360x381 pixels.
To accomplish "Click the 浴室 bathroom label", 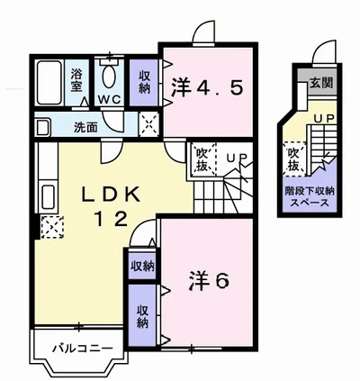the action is [76, 80].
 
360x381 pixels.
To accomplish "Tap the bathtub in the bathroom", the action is [49, 82].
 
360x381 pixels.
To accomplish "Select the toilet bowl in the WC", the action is [109, 77].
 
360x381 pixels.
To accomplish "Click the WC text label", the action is [109, 99].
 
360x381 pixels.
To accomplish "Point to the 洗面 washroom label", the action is [85, 128].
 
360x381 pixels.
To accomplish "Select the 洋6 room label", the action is [209, 281].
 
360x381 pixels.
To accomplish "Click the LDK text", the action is [112, 195].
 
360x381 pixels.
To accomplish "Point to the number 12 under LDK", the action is [111, 219].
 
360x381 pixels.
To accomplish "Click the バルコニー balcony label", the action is [83, 349].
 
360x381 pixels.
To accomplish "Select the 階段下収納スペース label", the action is [310, 197].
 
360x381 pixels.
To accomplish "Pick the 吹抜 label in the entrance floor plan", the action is [293, 159].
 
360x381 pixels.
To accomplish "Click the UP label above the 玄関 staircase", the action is [324, 119].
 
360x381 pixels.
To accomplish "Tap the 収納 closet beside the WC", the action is [144, 83].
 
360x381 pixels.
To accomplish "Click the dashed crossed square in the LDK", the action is [52, 227].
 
